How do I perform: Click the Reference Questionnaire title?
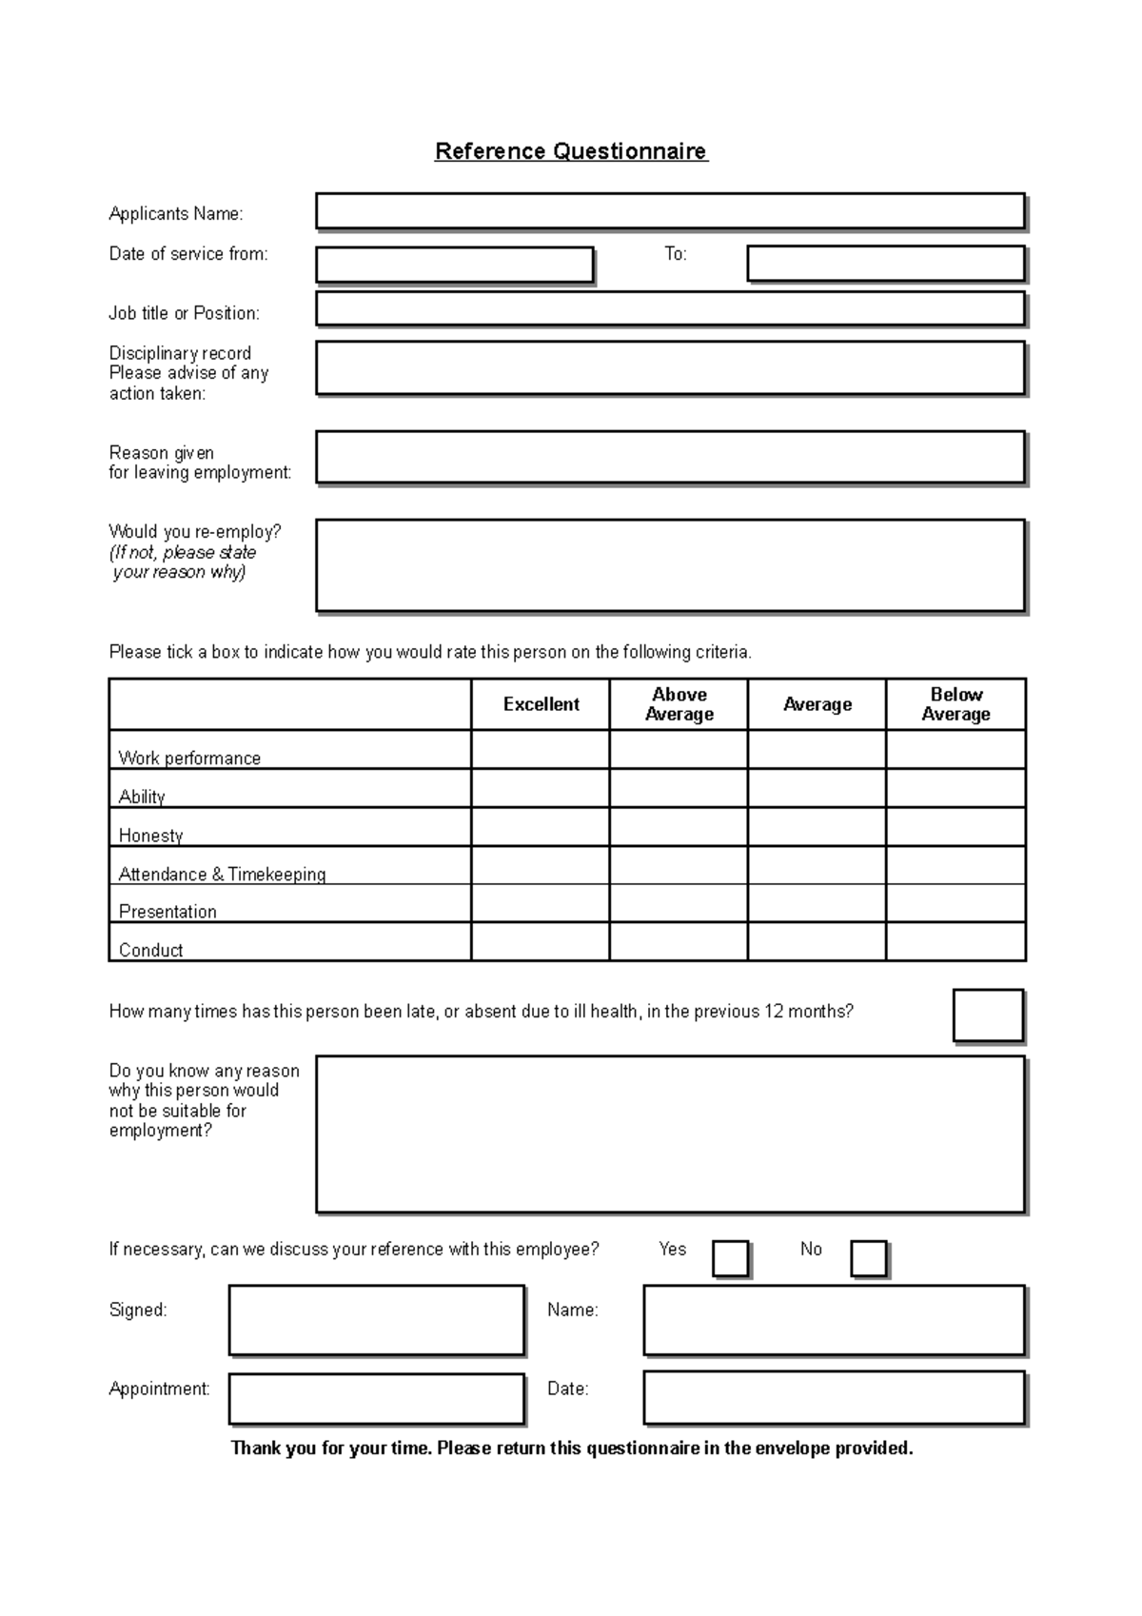tap(571, 151)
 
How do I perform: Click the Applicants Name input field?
tap(670, 211)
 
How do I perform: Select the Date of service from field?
tap(454, 265)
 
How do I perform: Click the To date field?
tap(885, 264)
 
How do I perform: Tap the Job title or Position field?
tap(670, 309)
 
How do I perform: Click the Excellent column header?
tap(541, 704)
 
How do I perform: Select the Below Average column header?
tap(955, 704)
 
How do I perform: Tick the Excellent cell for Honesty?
tap(541, 827)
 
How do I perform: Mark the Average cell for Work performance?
tap(817, 750)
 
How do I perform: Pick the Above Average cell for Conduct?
tap(679, 942)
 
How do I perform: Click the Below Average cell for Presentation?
tap(955, 903)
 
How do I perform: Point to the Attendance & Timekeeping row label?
tap(222, 874)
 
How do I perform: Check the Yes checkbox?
tap(730, 1258)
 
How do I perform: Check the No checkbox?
tap(868, 1258)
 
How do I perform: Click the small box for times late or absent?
tap(988, 1015)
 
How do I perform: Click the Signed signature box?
tap(376, 1320)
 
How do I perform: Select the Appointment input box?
tap(376, 1398)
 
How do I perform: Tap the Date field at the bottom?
tap(834, 1398)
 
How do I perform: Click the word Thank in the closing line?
tap(255, 1448)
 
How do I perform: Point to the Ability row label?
tap(142, 797)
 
